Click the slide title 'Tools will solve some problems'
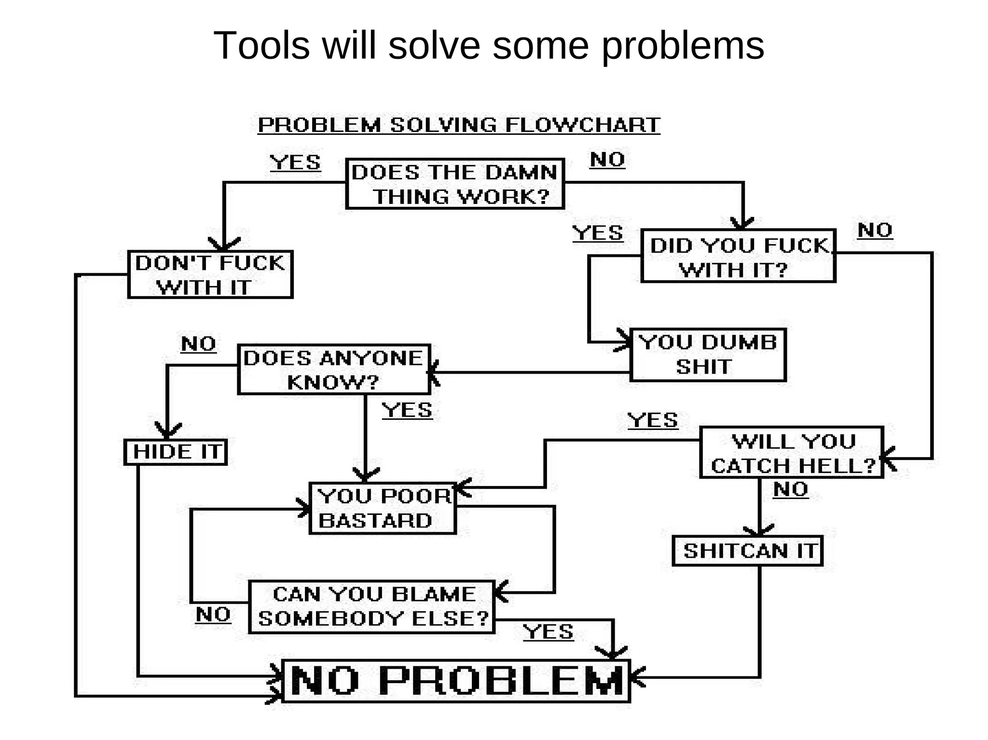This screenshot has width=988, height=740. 488,46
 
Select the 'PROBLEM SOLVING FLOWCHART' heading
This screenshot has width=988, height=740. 459,125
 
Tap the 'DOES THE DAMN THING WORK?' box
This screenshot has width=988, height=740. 455,184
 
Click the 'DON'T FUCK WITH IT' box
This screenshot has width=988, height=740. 210,274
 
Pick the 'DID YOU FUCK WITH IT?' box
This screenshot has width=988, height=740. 738,256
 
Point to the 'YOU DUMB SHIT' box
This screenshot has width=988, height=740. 708,355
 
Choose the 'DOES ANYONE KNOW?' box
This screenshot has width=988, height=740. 334,369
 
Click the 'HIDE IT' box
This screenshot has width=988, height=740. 176,452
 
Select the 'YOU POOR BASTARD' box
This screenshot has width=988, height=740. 383,508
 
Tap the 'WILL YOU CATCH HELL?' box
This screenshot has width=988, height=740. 792,453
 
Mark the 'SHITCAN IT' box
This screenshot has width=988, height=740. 747,551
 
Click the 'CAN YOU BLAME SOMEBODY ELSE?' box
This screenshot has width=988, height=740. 372,606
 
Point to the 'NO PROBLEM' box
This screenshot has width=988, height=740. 456,681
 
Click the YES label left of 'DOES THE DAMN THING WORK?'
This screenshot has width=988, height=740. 295,162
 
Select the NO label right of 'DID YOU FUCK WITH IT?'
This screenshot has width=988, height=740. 875,230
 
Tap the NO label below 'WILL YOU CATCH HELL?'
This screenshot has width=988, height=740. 790,489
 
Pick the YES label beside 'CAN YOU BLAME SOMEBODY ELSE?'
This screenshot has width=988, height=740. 549,632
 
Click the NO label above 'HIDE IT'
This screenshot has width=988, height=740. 198,344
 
